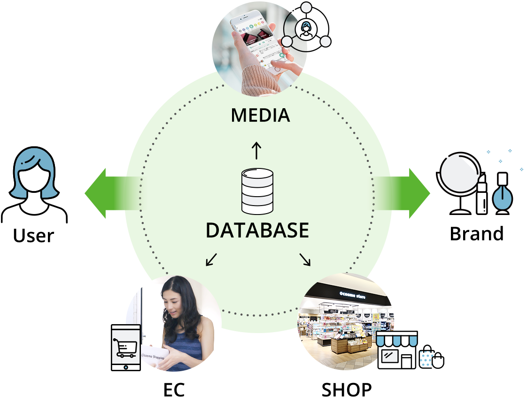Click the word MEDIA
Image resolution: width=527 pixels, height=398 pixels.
(260, 115)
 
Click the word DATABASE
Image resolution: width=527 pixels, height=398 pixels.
(257, 231)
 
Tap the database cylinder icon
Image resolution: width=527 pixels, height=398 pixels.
(257, 191)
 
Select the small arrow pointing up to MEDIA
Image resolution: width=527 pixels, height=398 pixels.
(256, 151)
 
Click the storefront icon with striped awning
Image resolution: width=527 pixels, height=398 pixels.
(397, 350)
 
